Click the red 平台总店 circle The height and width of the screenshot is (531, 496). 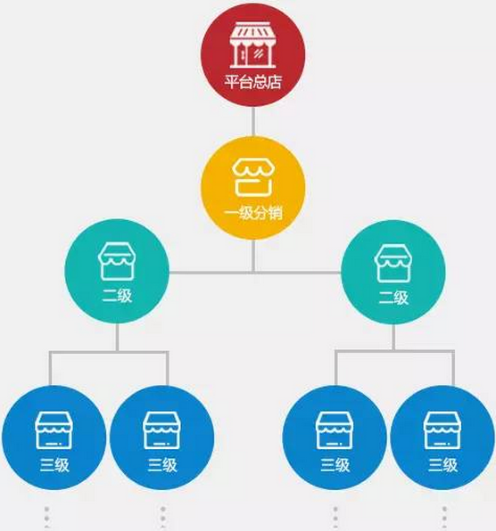(x=253, y=55)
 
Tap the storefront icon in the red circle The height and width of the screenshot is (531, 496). (x=253, y=45)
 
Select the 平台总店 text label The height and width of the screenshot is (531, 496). (x=253, y=82)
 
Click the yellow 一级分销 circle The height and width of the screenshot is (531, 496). (x=253, y=188)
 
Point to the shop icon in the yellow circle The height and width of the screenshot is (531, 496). (x=253, y=178)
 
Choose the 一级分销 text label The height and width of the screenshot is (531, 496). (x=253, y=214)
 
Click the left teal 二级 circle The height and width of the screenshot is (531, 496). (x=117, y=271)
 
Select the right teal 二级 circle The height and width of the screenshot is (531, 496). (x=393, y=273)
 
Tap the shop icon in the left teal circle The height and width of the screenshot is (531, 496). (x=117, y=261)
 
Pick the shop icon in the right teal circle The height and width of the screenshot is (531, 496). (x=393, y=264)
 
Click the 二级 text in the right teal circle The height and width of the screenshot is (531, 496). (x=393, y=298)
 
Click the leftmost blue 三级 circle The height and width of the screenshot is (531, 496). (x=54, y=437)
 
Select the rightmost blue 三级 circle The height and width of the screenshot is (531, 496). (x=442, y=437)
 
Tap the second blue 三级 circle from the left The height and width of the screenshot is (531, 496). (x=162, y=437)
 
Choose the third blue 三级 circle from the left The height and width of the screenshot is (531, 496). (x=335, y=437)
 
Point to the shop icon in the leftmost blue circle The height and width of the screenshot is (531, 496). (x=54, y=430)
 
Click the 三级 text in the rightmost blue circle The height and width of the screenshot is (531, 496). (x=442, y=465)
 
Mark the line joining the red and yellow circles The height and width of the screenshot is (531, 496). (x=253, y=122)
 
